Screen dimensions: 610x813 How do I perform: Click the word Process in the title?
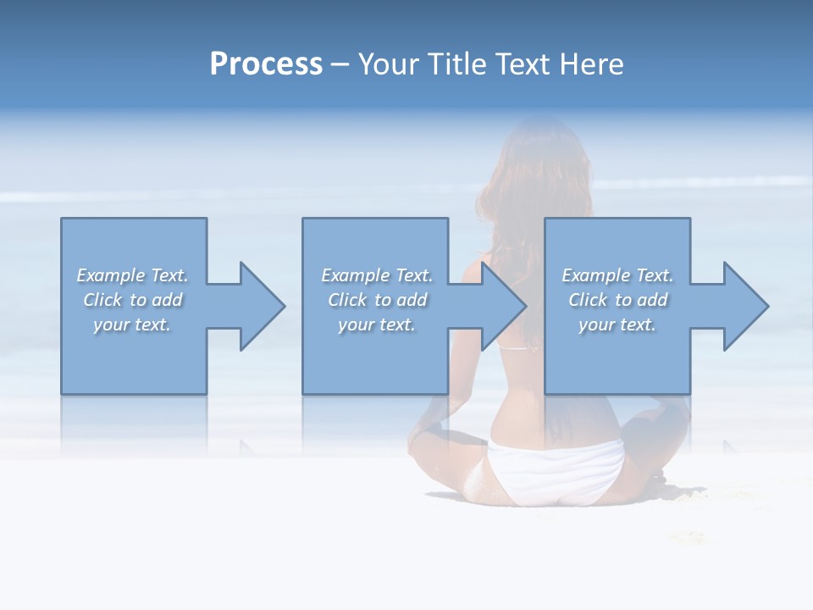pos(266,64)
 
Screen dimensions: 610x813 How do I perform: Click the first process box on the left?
pos(133,356)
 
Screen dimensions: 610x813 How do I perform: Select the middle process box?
pos(375,356)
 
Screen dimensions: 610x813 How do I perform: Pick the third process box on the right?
pos(617,356)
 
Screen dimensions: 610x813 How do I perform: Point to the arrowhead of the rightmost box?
pos(744,306)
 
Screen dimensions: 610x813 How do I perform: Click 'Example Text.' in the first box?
pos(133,275)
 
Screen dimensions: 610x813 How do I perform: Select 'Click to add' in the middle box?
pos(377,300)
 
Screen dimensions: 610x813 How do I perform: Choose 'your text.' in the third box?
pos(617,324)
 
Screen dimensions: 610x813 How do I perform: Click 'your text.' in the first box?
pos(132,324)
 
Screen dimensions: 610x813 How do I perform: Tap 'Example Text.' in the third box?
pos(617,275)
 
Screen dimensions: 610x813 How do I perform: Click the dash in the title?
pos(340,64)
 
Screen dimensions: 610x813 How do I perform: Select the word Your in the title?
pos(389,64)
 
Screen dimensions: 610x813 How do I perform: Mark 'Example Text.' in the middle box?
pos(377,275)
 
